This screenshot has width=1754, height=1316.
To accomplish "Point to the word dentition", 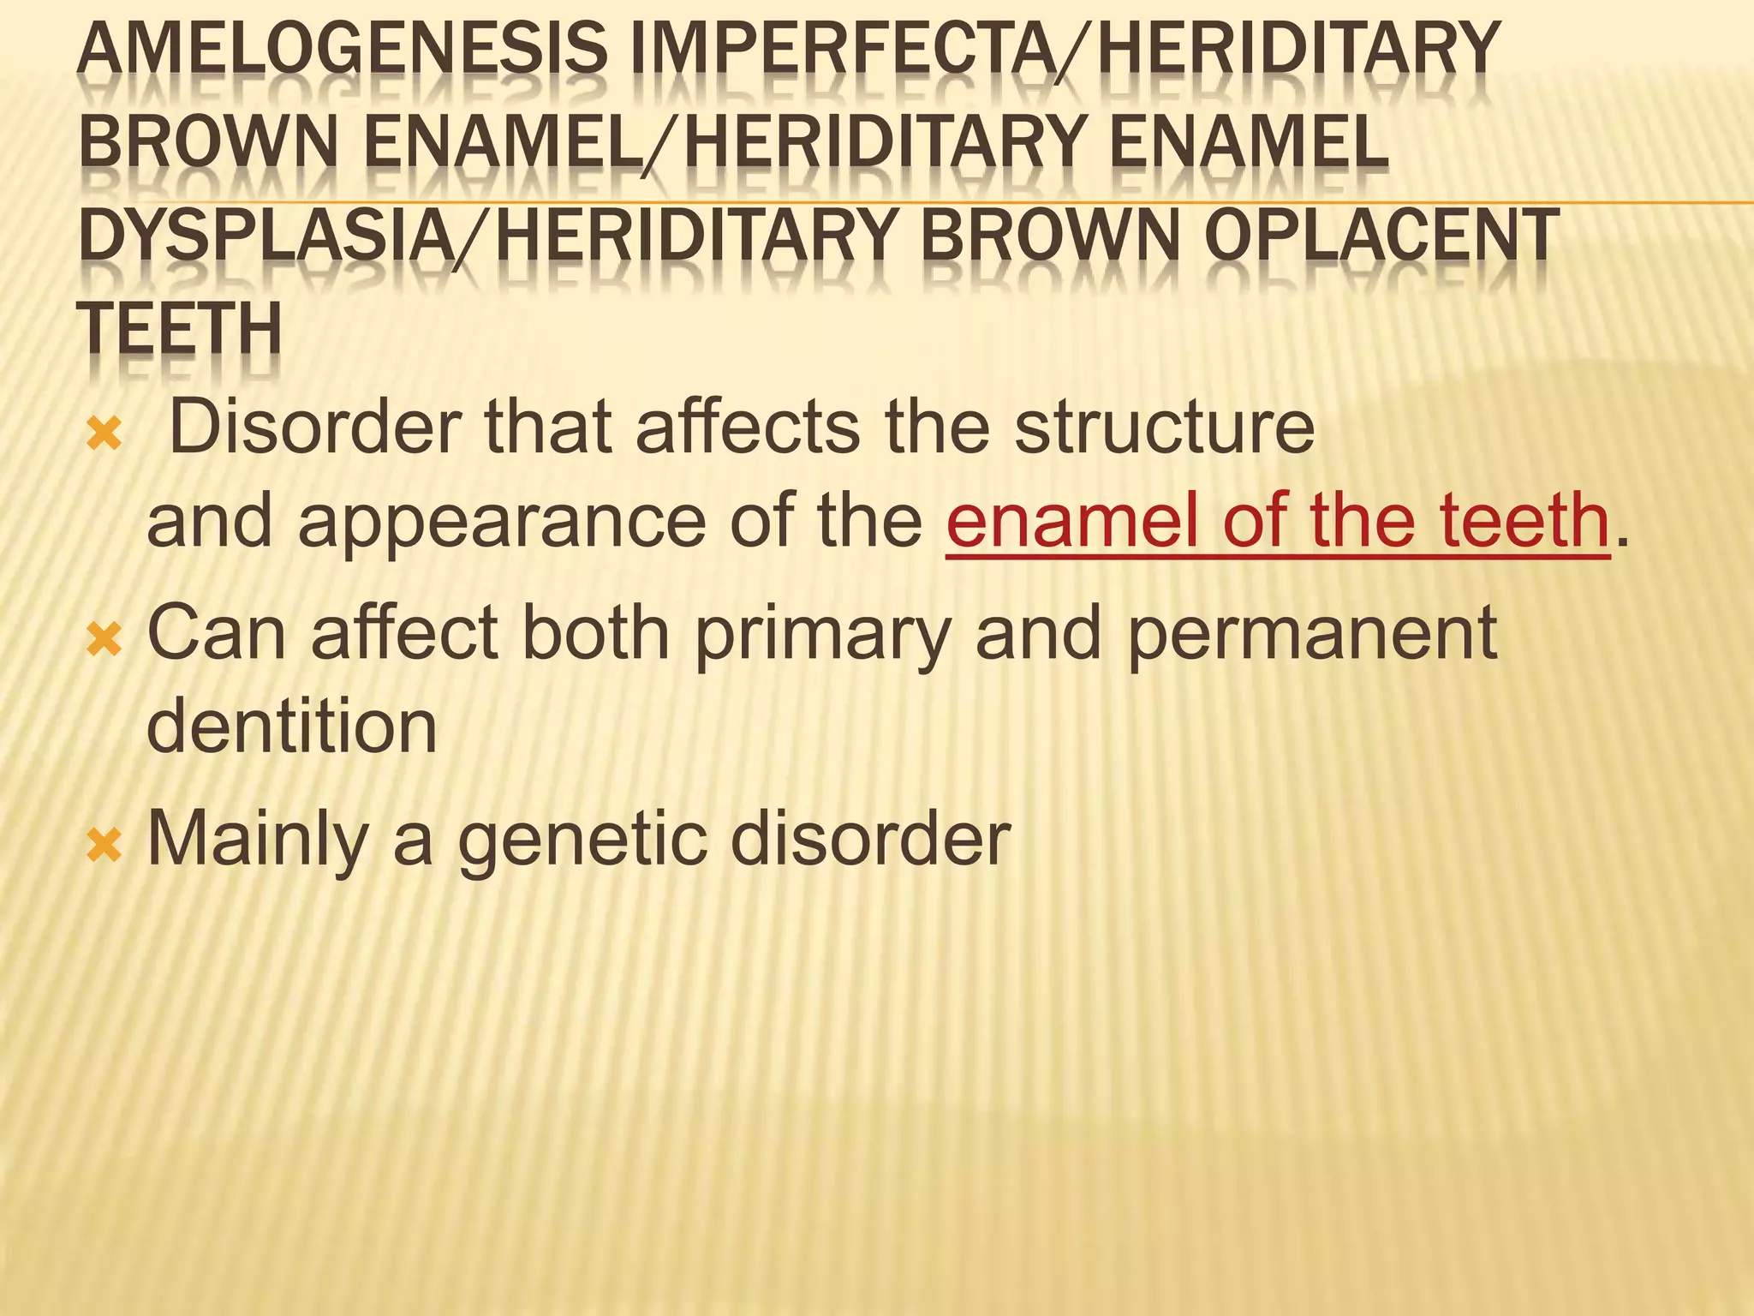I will pyautogui.click(x=292, y=727).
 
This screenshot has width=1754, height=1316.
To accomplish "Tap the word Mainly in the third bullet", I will pyautogui.click(x=258, y=840).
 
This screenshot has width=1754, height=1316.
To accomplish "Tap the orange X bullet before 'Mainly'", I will pyautogui.click(x=104, y=846).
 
